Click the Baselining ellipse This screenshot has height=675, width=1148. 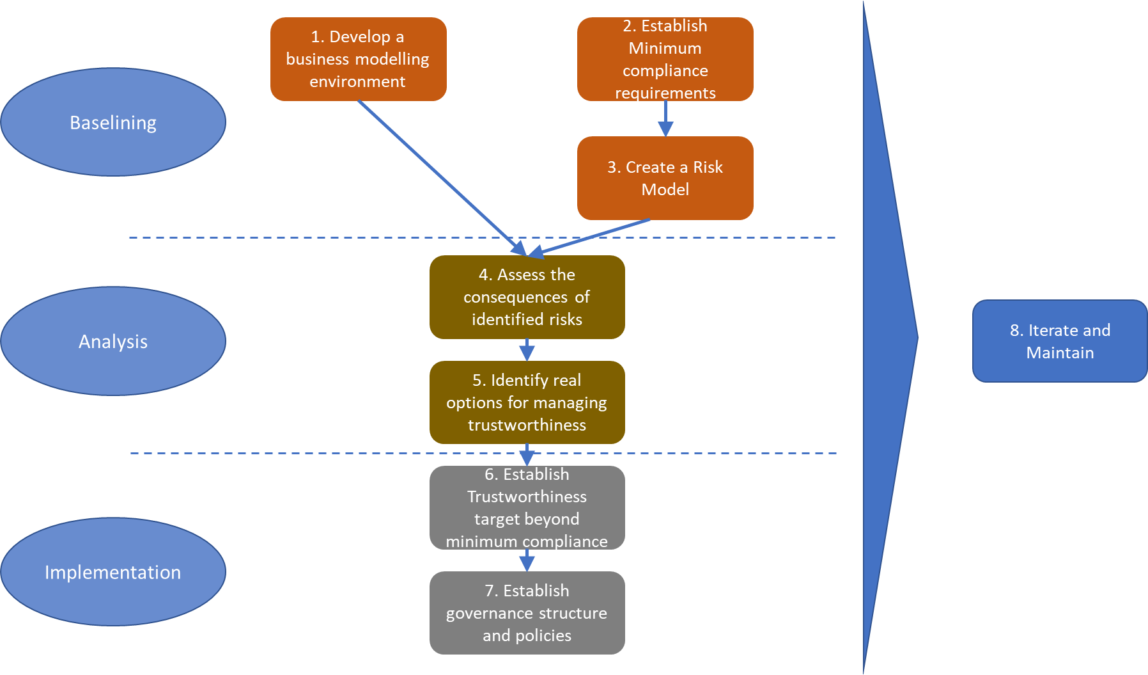click(x=113, y=122)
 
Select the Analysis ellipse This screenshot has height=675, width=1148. click(x=113, y=341)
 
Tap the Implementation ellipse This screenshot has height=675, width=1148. click(x=113, y=571)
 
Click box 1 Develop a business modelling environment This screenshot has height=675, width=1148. click(x=358, y=59)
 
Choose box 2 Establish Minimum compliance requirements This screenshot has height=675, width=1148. click(x=665, y=59)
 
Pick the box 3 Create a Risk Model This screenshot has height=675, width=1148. click(x=665, y=178)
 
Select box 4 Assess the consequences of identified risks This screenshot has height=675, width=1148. click(x=527, y=297)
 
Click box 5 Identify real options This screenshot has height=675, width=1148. click(x=527, y=402)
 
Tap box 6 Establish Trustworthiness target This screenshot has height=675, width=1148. click(x=527, y=507)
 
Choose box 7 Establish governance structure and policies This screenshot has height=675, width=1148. click(x=527, y=612)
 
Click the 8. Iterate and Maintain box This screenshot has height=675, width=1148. click(x=1059, y=341)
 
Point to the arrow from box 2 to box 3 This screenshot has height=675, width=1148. click(x=665, y=119)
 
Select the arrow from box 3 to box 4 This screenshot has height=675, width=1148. click(x=594, y=237)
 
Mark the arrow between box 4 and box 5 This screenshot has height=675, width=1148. click(x=527, y=350)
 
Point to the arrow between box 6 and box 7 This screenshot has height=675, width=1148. click(x=527, y=560)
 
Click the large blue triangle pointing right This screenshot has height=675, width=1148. click(x=888, y=337)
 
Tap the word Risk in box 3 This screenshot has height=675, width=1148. click(x=708, y=167)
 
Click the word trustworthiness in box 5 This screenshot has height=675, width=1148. click(x=527, y=425)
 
